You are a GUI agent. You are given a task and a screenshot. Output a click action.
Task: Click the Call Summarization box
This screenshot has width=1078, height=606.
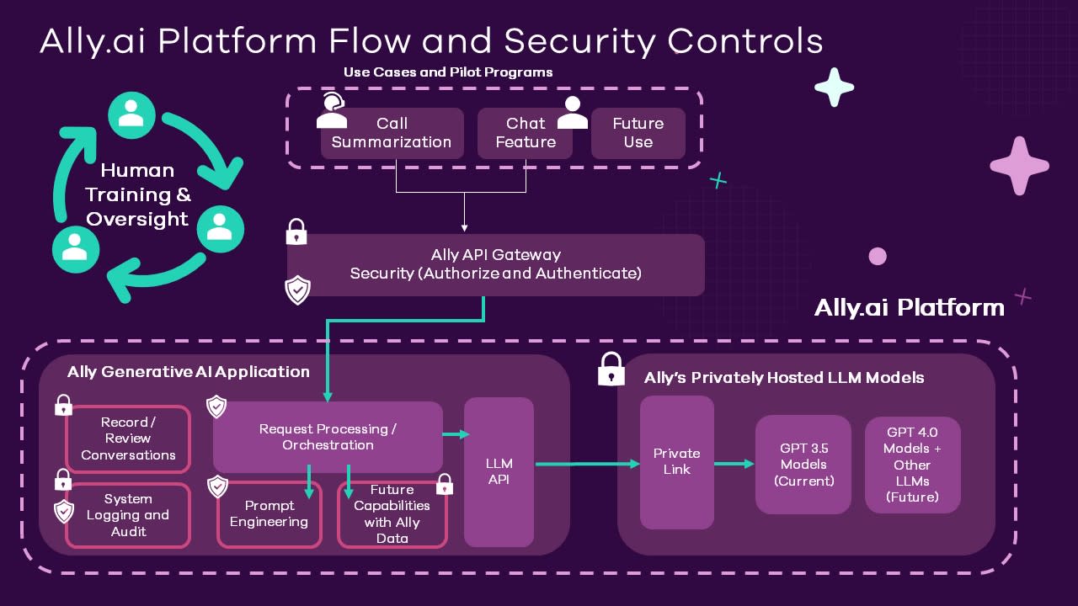tap(392, 133)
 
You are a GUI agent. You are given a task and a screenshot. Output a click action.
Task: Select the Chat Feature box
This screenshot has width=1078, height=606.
tap(525, 133)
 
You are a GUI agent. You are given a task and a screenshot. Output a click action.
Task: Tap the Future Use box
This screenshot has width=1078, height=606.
tap(638, 133)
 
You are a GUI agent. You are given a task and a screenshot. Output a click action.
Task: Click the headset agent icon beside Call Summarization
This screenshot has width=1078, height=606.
tap(332, 111)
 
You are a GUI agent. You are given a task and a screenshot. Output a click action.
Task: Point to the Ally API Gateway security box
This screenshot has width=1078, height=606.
tap(495, 264)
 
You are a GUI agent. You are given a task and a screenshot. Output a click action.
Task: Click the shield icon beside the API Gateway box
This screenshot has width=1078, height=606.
tap(297, 290)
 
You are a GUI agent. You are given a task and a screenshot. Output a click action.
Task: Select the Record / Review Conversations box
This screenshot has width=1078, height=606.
tap(128, 439)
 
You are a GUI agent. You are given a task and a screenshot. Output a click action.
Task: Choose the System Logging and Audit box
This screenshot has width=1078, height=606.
tap(128, 515)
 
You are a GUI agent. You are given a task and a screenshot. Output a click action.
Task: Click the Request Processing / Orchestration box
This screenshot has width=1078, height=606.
tap(328, 437)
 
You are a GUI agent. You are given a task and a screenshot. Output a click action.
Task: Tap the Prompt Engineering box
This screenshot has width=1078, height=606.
tap(269, 514)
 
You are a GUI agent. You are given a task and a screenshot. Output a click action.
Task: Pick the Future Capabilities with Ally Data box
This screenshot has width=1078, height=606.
tap(392, 514)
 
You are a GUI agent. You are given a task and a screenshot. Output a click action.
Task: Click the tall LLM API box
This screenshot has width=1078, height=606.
tap(499, 471)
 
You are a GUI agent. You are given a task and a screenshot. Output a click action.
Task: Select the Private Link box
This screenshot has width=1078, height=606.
tap(676, 462)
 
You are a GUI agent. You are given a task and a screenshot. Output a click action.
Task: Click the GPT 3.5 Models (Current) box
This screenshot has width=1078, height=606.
tap(803, 465)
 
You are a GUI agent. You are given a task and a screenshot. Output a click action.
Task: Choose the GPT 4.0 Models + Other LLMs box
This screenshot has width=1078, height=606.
tap(912, 465)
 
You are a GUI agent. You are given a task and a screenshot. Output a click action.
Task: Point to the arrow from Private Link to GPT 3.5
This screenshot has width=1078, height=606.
tap(734, 464)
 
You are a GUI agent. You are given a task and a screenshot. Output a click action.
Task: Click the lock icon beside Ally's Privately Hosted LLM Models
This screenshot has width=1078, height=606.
tap(611, 369)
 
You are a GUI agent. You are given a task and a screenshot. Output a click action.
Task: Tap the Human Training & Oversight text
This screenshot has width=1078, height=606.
tap(137, 194)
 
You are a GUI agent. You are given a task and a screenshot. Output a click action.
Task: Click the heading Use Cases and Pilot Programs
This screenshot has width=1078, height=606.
tap(448, 72)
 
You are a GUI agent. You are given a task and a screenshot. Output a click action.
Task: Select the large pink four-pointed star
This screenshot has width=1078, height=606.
tap(1019, 165)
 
